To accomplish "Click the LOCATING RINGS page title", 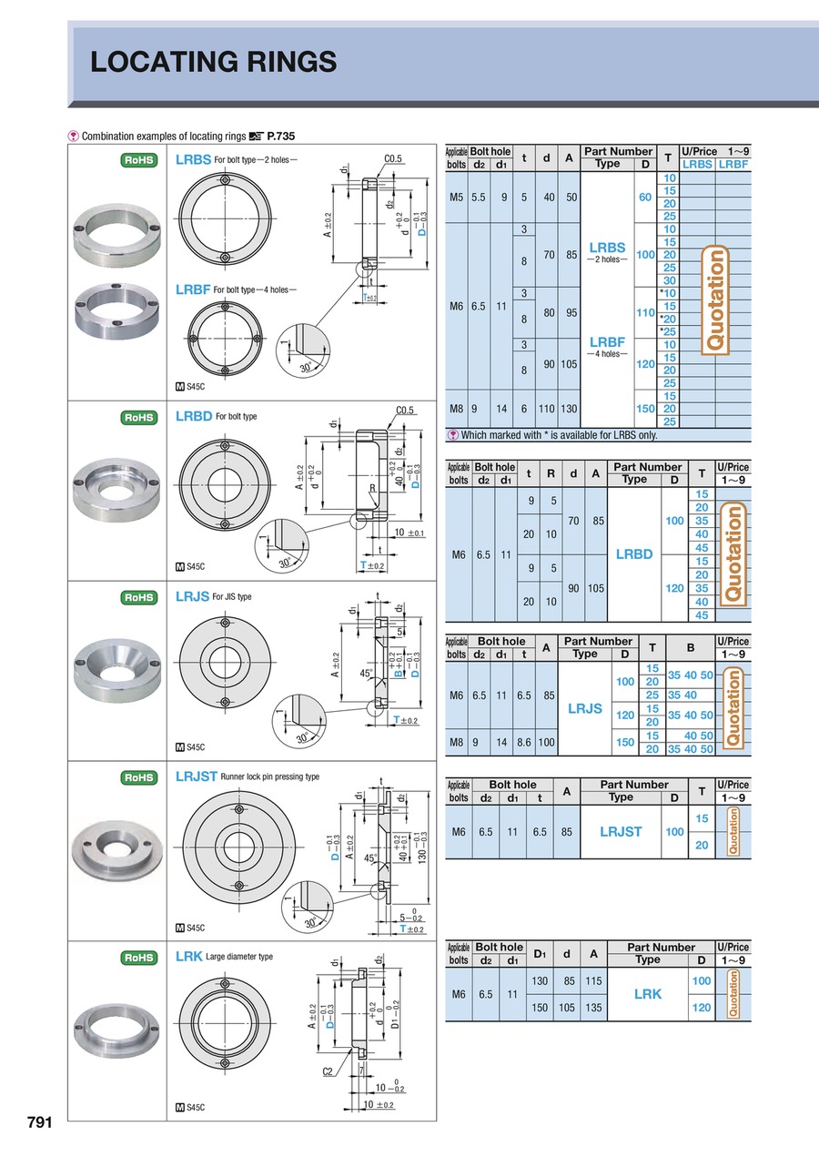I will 214,62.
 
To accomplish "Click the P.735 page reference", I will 279,137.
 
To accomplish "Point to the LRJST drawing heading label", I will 196,776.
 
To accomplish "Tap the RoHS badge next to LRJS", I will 138,597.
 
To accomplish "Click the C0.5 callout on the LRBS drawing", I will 393,158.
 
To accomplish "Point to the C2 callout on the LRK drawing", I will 328,1071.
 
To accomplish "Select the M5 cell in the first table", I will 457,197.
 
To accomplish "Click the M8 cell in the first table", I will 457,409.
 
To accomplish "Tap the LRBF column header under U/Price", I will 733,164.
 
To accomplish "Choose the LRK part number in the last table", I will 647,994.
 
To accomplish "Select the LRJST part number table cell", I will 621,831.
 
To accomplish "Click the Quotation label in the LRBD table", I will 733,554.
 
